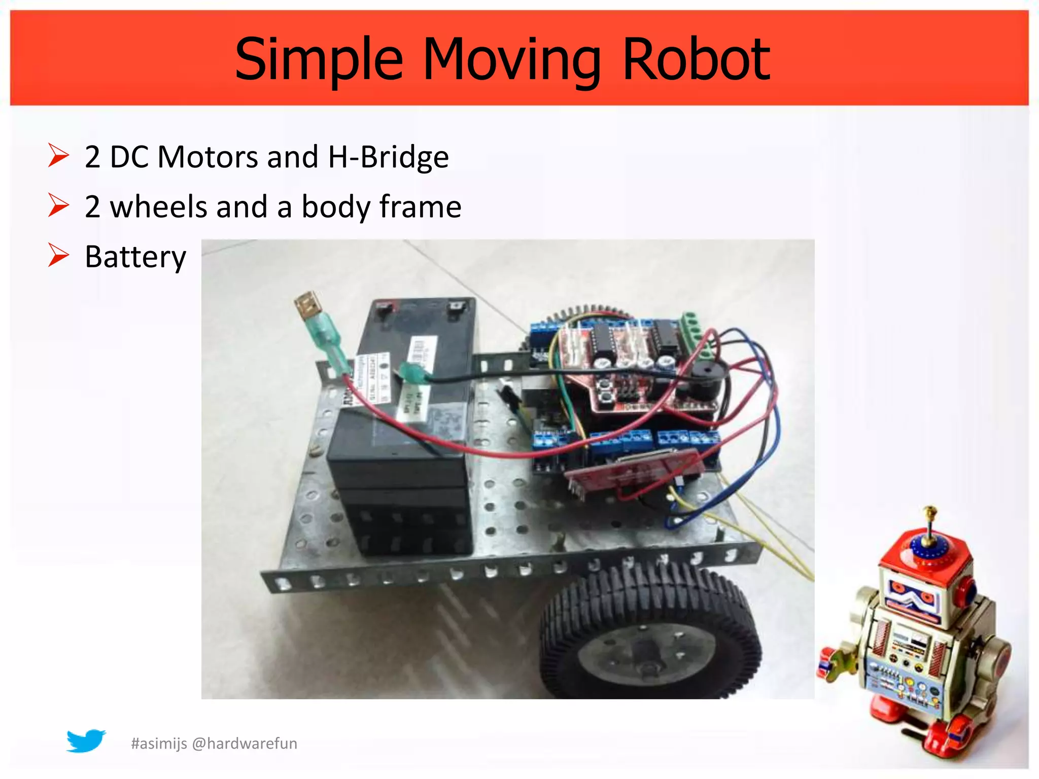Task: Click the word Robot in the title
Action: click(696, 60)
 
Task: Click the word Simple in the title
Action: click(319, 60)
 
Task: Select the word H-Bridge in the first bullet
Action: click(389, 157)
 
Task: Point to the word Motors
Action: click(208, 157)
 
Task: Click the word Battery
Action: click(135, 257)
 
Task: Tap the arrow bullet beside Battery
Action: click(58, 255)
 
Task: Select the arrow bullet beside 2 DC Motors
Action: click(58, 155)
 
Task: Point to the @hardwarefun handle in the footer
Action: click(245, 743)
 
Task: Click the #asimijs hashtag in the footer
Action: click(159, 743)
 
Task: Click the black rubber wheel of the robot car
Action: click(649, 634)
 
